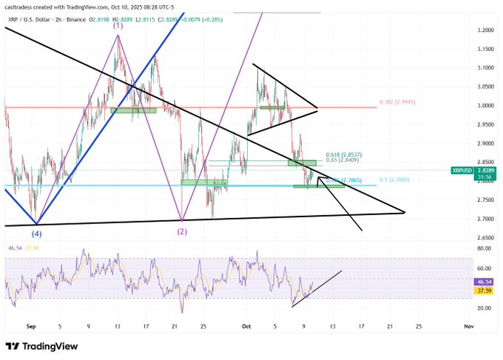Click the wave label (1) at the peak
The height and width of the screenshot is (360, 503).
(x=117, y=26)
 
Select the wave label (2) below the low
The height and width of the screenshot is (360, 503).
(x=182, y=231)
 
